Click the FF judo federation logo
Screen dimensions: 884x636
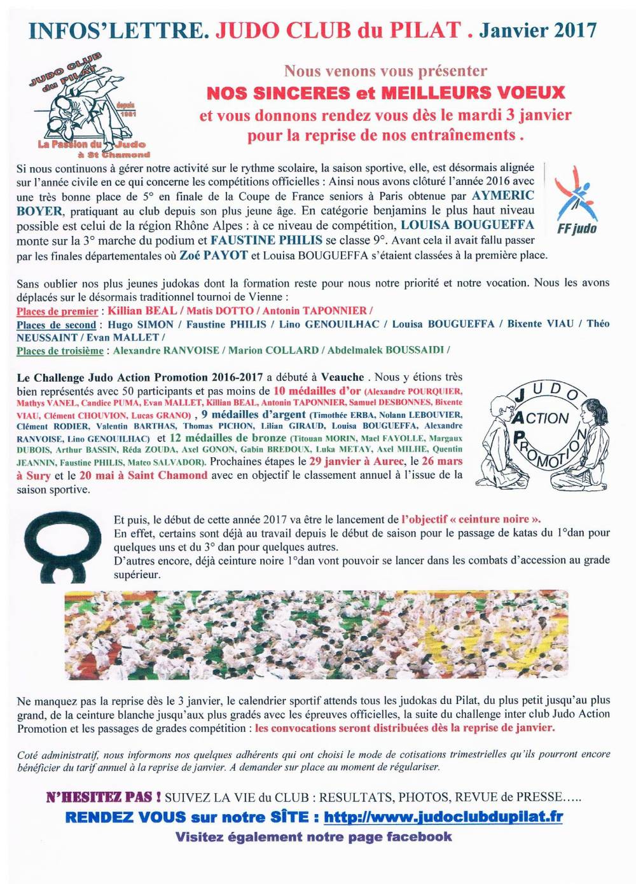tap(576, 200)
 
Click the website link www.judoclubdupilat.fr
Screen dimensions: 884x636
tap(443, 817)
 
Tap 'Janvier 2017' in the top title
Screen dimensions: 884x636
tap(537, 30)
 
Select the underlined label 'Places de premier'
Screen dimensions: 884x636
tap(57, 311)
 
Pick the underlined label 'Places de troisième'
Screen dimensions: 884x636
tap(60, 350)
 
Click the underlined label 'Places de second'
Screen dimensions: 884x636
tap(56, 324)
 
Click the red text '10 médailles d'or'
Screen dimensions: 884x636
tap(317, 390)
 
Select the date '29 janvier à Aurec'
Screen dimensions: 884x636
tap(356, 461)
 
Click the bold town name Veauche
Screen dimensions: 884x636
tap(342, 377)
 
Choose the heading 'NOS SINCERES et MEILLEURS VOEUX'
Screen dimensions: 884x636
tap(385, 93)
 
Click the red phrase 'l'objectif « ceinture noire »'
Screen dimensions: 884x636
tap(471, 519)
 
